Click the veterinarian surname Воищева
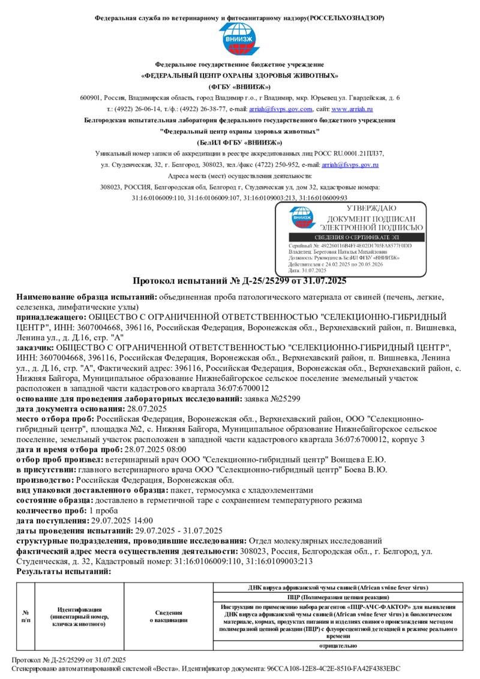[350, 459]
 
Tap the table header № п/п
[26, 616]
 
